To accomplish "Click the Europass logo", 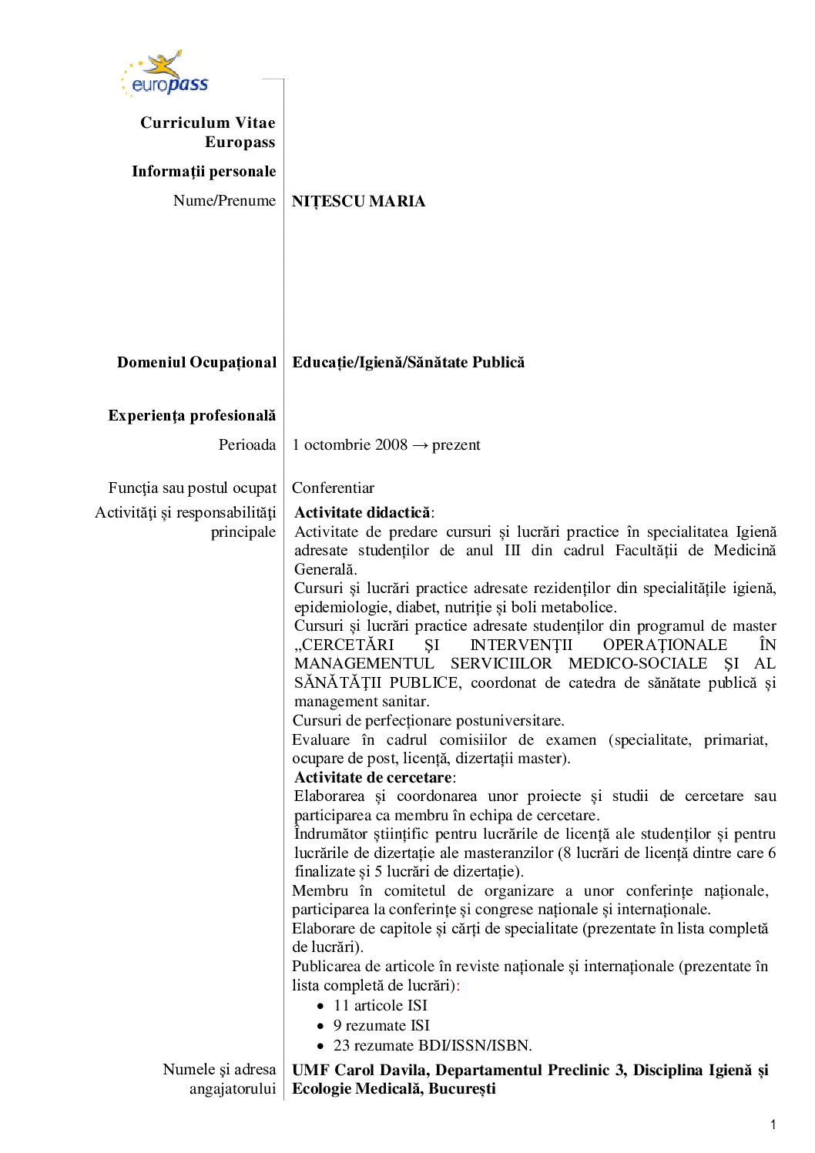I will click(164, 75).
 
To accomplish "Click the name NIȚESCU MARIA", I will click(358, 202).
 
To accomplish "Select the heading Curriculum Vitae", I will click(207, 123).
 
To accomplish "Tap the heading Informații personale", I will click(203, 172).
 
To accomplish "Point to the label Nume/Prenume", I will click(224, 201).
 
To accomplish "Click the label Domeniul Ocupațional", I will click(196, 363).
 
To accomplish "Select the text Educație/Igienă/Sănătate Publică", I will click(408, 362).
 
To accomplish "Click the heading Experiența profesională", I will click(192, 416).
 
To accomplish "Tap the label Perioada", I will click(247, 445).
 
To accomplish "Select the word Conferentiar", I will click(333, 488).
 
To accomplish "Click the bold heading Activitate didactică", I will click(362, 513).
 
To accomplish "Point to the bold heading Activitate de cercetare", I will click(373, 778).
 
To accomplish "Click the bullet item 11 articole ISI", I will click(380, 1006).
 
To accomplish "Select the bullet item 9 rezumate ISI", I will click(381, 1026).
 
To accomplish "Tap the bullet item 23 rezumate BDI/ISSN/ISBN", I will click(432, 1046).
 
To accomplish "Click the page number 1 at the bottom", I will click(773, 1125).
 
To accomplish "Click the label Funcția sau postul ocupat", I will click(192, 488).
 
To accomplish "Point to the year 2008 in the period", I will click(391, 445).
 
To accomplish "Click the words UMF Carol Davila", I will click(361, 1071).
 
